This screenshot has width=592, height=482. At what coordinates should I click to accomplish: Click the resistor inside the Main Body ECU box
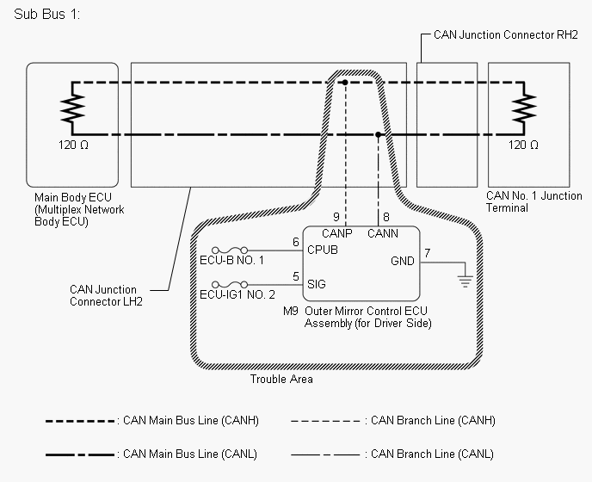(x=72, y=108)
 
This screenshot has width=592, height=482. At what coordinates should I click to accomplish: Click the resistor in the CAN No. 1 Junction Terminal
(x=524, y=108)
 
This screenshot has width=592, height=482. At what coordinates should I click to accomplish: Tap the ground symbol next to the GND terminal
(x=465, y=281)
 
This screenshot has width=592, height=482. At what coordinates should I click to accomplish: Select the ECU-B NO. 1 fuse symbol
(x=230, y=250)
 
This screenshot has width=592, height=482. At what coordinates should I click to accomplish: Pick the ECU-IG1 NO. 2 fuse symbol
(x=230, y=284)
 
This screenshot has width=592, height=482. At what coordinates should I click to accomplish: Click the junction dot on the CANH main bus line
(x=345, y=83)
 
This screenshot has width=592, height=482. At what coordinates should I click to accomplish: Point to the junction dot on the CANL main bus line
(x=378, y=134)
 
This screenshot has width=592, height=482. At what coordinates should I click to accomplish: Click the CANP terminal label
(x=336, y=233)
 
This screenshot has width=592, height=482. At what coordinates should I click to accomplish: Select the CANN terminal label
(x=382, y=233)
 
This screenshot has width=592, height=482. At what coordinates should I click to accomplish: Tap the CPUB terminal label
(x=323, y=250)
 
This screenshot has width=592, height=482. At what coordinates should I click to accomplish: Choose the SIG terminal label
(x=317, y=284)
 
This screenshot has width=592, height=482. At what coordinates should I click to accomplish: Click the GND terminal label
(x=403, y=261)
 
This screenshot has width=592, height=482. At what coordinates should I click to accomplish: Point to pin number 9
(x=336, y=217)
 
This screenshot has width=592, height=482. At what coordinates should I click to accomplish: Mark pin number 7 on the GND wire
(x=427, y=253)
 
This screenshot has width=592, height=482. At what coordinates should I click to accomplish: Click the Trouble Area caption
(x=281, y=380)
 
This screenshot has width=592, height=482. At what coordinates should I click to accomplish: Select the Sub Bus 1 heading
(x=46, y=15)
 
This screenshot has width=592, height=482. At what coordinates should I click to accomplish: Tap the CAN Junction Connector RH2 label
(x=506, y=35)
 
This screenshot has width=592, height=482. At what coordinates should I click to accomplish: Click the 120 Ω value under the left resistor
(x=73, y=145)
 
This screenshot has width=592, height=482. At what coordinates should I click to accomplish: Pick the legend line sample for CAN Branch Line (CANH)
(x=325, y=421)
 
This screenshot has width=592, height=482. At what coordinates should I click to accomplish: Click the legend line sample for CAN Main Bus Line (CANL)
(x=80, y=454)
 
